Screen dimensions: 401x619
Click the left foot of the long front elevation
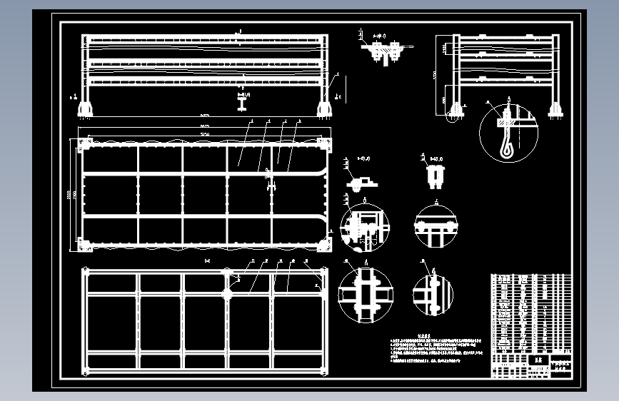pos(85,108)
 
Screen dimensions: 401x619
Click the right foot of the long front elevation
pos(324,108)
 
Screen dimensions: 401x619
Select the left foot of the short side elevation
pos(451,109)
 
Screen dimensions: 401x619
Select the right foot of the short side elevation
pos(555,109)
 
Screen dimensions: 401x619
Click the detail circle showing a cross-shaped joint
pos(366,293)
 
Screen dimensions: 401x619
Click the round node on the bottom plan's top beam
pos(228,273)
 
